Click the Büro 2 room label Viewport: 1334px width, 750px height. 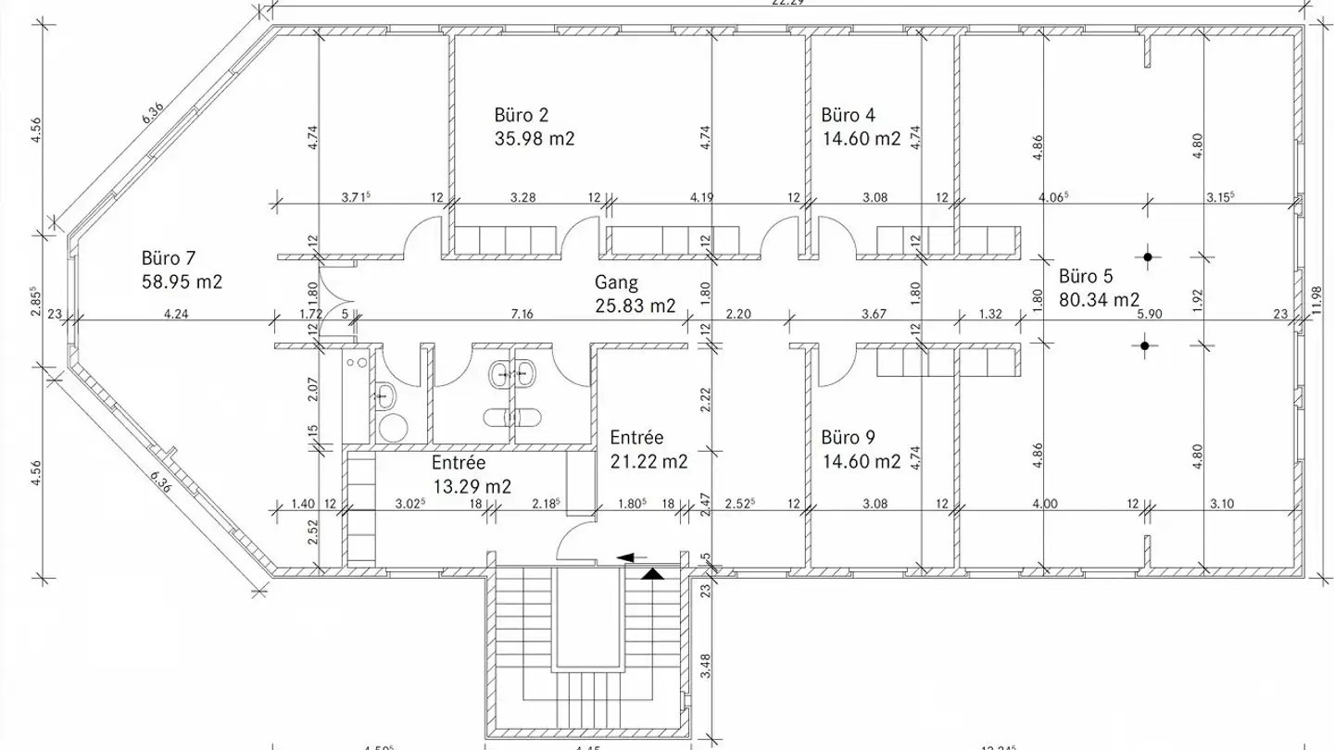(x=522, y=116)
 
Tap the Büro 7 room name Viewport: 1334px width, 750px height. (x=169, y=258)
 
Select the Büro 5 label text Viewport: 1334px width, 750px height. (x=1086, y=276)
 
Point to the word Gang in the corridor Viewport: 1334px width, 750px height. (x=617, y=281)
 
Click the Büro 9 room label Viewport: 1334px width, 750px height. (x=848, y=437)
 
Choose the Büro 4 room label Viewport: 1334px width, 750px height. (x=848, y=116)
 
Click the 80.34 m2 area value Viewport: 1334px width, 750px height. (x=1099, y=300)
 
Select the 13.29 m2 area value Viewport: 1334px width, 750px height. (x=472, y=485)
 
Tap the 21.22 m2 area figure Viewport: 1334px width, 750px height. (x=648, y=461)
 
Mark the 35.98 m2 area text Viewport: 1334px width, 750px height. (x=535, y=140)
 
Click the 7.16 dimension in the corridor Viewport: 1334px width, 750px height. (x=522, y=315)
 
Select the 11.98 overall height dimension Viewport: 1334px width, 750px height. (x=1318, y=300)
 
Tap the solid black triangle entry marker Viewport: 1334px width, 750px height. (x=654, y=574)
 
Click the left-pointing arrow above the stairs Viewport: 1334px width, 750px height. (x=632, y=557)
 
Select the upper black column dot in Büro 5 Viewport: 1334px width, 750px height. (x=1147, y=257)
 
